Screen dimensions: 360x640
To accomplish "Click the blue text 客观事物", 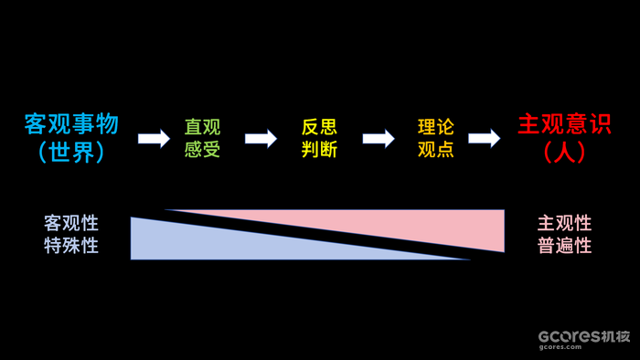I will [71, 125].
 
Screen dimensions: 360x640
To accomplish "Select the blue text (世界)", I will [71, 153].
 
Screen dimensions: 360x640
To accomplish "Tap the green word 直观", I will [202, 128].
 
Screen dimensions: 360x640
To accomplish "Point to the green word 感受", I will [202, 149].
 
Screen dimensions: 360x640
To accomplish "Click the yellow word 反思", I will [319, 128].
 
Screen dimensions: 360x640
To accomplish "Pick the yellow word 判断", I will [319, 149].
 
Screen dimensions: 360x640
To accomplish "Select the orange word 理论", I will [435, 128].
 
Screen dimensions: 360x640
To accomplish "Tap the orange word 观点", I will [435, 149].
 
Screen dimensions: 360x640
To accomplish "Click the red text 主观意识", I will [564, 125].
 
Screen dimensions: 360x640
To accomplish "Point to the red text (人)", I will [564, 153].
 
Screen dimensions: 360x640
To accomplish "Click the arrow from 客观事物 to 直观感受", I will [154, 138].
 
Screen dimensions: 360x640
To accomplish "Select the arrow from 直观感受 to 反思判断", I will [261, 138].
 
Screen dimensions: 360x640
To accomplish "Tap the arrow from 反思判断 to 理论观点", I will [378, 138].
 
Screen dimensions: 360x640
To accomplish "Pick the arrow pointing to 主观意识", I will [484, 138].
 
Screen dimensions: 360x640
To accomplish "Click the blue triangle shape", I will [201, 242].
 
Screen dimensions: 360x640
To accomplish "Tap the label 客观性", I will [71, 224].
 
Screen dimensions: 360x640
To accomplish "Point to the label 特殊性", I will [71, 245].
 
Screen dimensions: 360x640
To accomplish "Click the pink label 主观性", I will [564, 224].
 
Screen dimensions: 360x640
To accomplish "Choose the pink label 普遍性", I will [564, 245].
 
